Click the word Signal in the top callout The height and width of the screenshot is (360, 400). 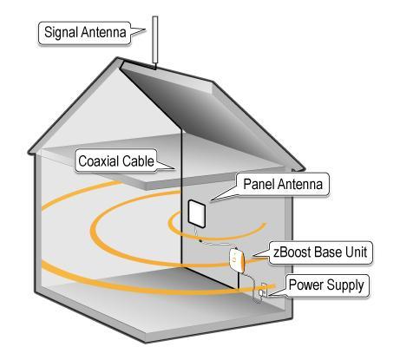click(61, 32)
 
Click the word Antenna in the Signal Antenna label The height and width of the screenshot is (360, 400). click(103, 32)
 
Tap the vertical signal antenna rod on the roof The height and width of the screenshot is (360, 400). click(155, 42)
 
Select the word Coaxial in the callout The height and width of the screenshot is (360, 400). click(99, 161)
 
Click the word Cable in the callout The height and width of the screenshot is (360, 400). click(138, 161)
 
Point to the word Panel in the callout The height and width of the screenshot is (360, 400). click(259, 184)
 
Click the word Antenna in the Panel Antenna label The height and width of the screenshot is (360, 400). click(299, 184)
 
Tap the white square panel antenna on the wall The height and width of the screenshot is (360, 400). click(197, 213)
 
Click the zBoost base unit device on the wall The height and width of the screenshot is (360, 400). click(237, 260)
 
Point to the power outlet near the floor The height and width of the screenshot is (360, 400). click(263, 291)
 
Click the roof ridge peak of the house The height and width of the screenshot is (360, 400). click(118, 59)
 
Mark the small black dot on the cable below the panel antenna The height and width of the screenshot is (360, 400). click(200, 240)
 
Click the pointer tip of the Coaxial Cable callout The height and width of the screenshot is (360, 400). click(175, 169)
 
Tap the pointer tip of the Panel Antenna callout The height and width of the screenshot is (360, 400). click(211, 200)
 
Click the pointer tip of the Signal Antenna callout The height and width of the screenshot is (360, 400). click(146, 29)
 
